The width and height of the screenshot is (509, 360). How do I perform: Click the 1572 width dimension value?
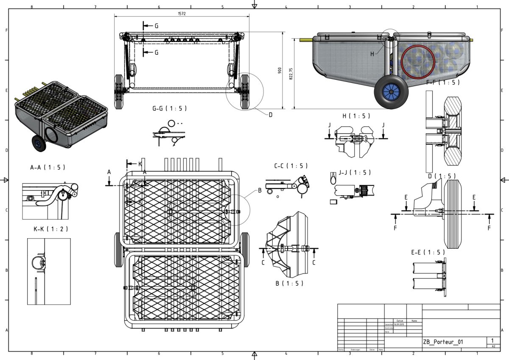(182, 14)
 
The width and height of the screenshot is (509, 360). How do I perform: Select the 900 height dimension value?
(280, 70)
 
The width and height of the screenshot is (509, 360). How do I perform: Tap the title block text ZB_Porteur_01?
(443, 342)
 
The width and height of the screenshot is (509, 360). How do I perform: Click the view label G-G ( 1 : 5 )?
(170, 108)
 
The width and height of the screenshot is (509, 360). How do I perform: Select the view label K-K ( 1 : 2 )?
(50, 229)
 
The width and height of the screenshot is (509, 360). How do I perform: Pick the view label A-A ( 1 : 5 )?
(48, 167)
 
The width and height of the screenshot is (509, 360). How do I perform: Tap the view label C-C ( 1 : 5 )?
(291, 166)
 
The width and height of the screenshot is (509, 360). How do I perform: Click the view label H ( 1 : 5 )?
(356, 116)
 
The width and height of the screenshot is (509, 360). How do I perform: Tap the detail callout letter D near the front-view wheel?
(270, 114)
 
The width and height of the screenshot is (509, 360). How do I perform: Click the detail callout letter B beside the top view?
(260, 190)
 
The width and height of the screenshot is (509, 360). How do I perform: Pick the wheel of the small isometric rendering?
(38, 144)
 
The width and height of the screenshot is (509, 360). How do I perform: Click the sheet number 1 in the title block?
(492, 340)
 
